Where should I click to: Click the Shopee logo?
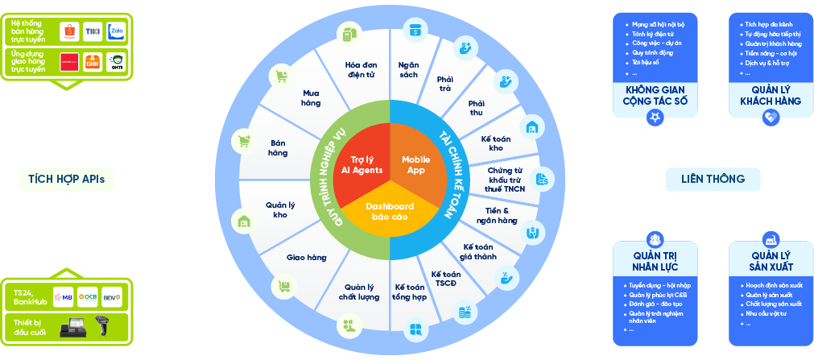pyautogui.click(x=71, y=31)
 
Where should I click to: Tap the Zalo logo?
pyautogui.click(x=116, y=31)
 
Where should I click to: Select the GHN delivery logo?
pyautogui.click(x=94, y=62)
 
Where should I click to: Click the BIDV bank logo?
pyautogui.click(x=112, y=296)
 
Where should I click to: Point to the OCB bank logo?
pyautogui.click(x=87, y=296)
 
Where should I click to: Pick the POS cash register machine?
pyautogui.click(x=71, y=327)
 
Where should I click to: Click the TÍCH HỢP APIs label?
pyautogui.click(x=66, y=179)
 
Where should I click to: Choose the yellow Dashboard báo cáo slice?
pyautogui.click(x=390, y=212)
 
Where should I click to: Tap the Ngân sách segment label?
pyautogui.click(x=408, y=69)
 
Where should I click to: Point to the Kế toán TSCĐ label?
pyautogui.click(x=445, y=279)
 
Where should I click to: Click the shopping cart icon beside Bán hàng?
pyautogui.click(x=244, y=141)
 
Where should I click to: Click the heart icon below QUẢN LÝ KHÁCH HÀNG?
pyautogui.click(x=771, y=118)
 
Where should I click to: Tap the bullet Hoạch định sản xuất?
pyautogui.click(x=774, y=285)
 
